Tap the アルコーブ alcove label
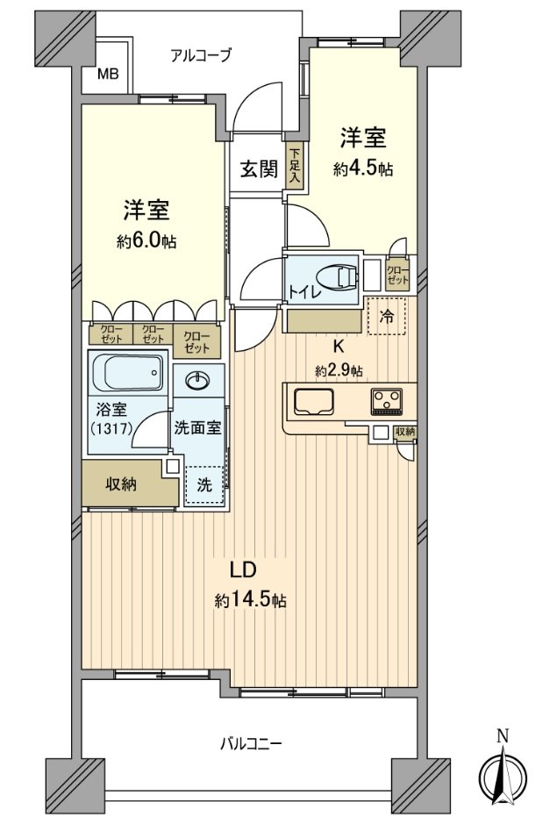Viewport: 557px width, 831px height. pos(201,55)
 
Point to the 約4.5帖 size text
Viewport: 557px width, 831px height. pos(362,169)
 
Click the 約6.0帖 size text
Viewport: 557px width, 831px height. pos(146,241)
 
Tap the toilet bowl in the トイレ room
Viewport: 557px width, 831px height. pos(338,277)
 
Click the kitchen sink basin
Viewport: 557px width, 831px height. pos(314,402)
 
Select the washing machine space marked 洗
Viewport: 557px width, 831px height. pos(204,484)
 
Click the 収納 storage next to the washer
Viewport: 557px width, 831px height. pos(123,484)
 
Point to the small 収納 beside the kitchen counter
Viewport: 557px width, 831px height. pos(404,432)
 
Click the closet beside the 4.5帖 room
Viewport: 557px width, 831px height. pos(397,275)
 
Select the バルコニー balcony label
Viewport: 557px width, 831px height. pos(249,744)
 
